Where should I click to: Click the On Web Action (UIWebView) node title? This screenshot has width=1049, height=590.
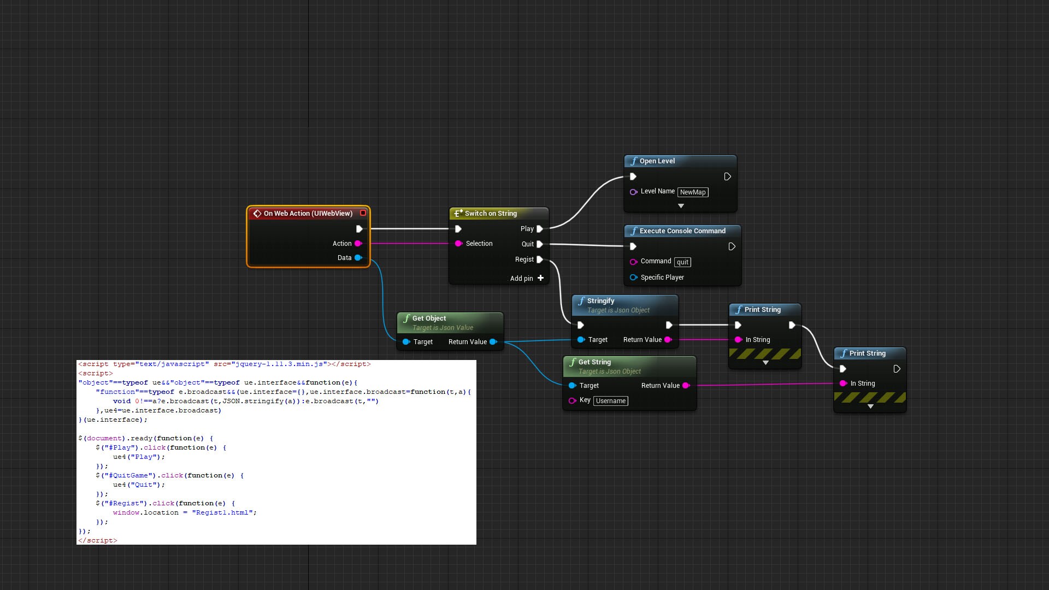308,214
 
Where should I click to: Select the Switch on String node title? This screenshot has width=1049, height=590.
490,214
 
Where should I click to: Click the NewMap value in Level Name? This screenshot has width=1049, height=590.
693,192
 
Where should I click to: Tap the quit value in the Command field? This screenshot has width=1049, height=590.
682,262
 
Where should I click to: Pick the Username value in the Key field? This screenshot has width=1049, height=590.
611,401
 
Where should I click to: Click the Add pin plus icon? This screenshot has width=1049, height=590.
540,278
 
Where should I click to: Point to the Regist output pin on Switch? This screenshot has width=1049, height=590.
540,259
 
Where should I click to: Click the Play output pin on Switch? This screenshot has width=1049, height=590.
540,229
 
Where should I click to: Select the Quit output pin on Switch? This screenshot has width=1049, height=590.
540,244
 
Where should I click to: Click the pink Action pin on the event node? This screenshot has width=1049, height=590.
358,244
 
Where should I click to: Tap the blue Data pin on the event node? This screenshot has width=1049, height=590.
358,258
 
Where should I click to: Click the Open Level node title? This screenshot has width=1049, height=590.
657,161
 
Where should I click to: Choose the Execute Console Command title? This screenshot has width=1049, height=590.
682,231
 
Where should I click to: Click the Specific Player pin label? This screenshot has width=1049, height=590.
662,278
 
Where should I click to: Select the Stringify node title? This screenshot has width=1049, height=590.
600,301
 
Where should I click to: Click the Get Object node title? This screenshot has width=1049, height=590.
429,318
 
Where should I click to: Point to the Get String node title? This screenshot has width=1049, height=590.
594,362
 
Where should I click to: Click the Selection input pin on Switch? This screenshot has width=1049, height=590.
459,244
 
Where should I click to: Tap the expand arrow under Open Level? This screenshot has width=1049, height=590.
681,206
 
